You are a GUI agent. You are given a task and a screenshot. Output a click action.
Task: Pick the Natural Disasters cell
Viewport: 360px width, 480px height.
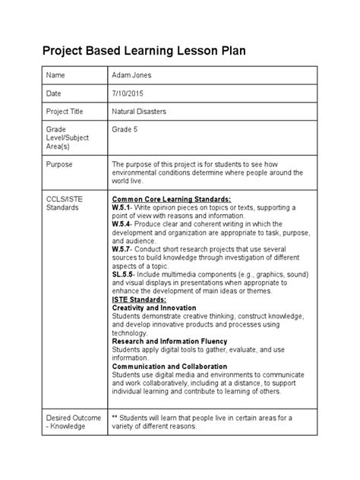pyautogui.click(x=140, y=111)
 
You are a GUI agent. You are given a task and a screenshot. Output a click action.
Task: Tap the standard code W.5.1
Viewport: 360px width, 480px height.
pyautogui.click(x=122, y=207)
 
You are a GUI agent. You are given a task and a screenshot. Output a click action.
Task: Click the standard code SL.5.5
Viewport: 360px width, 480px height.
pyautogui.click(x=124, y=276)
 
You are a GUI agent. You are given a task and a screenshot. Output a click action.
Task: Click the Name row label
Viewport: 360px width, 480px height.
pyautogui.click(x=56, y=77)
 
